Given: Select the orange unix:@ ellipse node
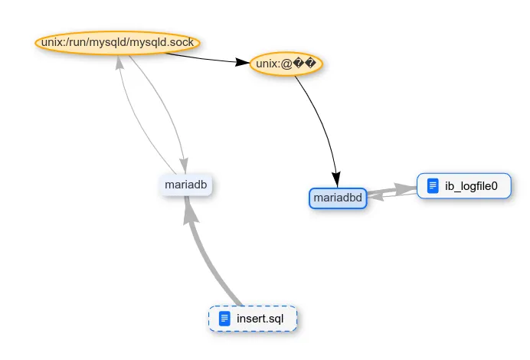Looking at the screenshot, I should [286, 64].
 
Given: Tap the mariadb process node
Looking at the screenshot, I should [187, 185].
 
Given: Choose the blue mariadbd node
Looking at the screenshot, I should [336, 198].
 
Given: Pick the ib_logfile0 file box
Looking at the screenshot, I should [463, 185].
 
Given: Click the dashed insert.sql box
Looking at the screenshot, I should [253, 319].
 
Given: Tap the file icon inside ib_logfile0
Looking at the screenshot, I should [433, 185].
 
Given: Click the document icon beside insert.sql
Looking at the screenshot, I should [224, 319].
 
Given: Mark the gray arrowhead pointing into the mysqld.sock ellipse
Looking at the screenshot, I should [119, 63].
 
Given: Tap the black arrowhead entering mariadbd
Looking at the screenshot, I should [335, 180].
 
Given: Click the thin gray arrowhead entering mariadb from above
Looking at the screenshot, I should [184, 164].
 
